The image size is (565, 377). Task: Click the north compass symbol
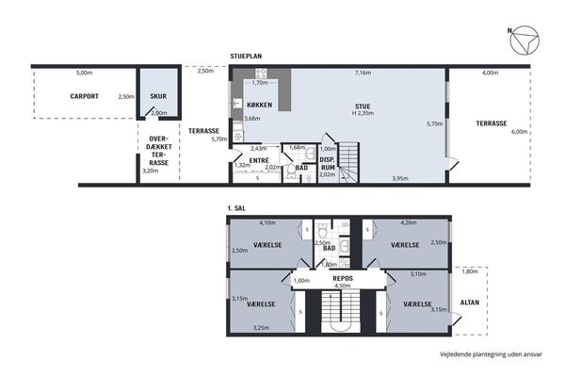point(525,40)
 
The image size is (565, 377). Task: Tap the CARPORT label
point(85,96)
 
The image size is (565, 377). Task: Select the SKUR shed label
point(158,96)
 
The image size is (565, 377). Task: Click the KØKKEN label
point(260,105)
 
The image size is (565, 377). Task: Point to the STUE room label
point(363,107)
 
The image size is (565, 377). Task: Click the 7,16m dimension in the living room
point(363,73)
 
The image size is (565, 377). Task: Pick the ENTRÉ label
point(259,160)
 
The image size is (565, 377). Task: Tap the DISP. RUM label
point(328,163)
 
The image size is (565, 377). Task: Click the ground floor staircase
point(348,163)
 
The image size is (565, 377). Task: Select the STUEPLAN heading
point(246,57)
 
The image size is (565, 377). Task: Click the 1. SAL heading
point(236,208)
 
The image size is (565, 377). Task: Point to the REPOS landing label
point(343,279)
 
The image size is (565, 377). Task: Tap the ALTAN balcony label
point(470,303)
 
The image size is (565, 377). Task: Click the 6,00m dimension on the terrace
point(519,132)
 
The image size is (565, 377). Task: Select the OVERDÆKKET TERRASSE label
point(159,151)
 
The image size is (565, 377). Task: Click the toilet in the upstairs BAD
point(322,228)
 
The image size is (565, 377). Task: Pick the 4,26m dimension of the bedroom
point(409,222)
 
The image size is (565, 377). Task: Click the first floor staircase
point(341,312)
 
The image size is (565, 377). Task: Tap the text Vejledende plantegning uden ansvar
point(491,354)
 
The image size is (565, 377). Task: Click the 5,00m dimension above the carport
point(85,73)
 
